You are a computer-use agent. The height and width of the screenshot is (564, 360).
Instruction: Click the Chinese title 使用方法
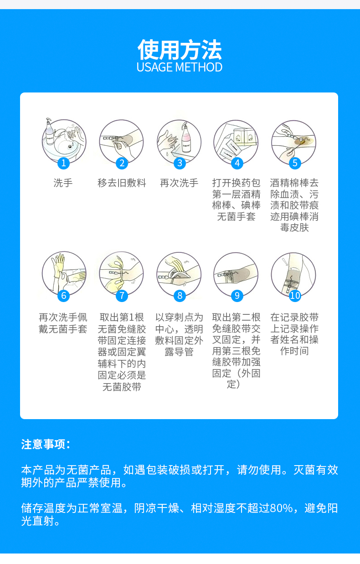(x=180, y=50)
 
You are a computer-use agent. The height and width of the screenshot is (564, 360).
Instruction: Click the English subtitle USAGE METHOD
(x=180, y=67)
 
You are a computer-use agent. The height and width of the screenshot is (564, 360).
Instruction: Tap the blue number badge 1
(x=64, y=163)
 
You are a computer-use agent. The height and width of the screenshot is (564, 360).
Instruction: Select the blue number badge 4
(x=237, y=163)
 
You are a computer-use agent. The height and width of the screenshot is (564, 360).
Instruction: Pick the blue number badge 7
(x=122, y=295)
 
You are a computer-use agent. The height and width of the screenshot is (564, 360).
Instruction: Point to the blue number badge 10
(x=295, y=295)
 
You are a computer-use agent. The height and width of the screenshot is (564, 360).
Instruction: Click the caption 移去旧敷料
(x=122, y=183)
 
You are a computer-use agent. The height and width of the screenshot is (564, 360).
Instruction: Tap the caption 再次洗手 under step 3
(x=179, y=183)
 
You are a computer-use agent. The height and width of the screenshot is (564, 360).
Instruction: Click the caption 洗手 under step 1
(x=63, y=183)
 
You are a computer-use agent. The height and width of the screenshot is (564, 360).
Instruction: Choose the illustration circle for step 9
(x=236, y=273)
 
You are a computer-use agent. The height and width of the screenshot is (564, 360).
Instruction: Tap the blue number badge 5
(x=294, y=163)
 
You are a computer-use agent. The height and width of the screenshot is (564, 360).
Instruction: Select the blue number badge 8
(x=180, y=295)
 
